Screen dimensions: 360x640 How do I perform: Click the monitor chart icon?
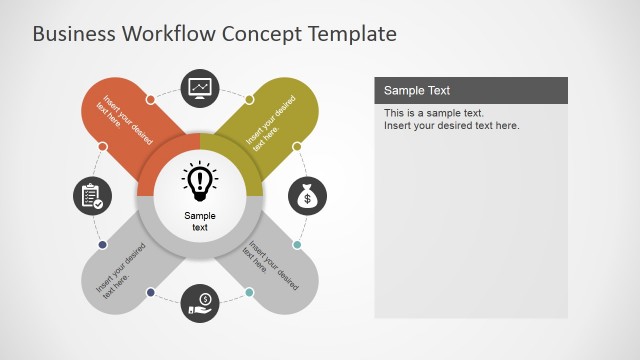pos(200,88)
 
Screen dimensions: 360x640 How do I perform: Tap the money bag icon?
pos(308,196)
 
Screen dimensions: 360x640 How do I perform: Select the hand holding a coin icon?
pos(200,302)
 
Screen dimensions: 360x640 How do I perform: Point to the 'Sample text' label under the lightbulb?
pos(200,221)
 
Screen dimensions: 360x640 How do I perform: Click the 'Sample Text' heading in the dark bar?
pos(418,91)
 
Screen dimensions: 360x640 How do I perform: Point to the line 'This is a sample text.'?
pos(433,113)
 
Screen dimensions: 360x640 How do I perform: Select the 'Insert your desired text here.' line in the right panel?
pos(451,126)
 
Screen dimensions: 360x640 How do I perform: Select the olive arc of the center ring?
pos(241,156)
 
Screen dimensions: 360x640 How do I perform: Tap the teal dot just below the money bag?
pos(297,245)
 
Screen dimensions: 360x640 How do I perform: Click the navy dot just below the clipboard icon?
pos(102,244)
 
